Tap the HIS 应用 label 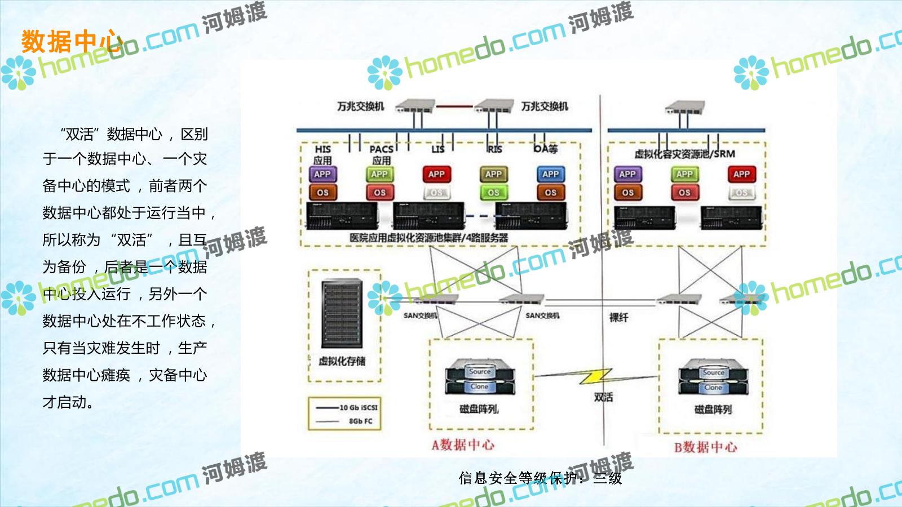click(322, 154)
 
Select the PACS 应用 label click(381, 154)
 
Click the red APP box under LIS click(436, 175)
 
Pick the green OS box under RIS click(493, 193)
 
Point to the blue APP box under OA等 click(550, 175)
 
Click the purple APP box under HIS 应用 click(322, 175)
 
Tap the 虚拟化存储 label click(342, 361)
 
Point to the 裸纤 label click(618, 318)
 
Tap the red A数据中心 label click(463, 445)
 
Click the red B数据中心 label click(705, 447)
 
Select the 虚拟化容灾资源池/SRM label click(684, 154)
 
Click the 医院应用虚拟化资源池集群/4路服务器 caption click(428, 238)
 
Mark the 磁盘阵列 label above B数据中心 click(713, 410)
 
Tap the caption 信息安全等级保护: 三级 click(540, 478)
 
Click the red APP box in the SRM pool click(741, 175)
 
